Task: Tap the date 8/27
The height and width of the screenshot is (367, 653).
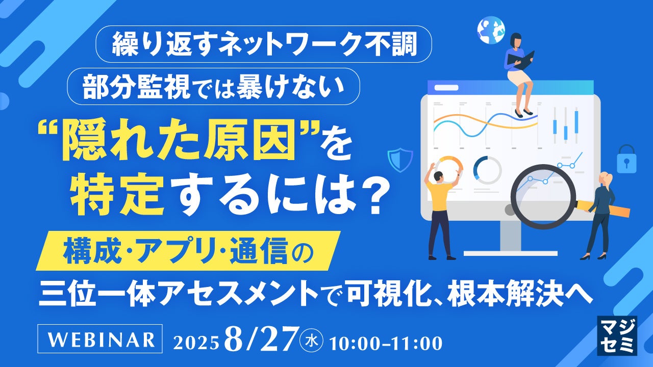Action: tap(261, 339)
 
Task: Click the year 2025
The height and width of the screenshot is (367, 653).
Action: tap(196, 344)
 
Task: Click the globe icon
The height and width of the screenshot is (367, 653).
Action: tap(491, 30)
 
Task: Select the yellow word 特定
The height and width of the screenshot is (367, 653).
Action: tap(117, 192)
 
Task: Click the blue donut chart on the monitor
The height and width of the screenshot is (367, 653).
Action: tap(487, 170)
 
